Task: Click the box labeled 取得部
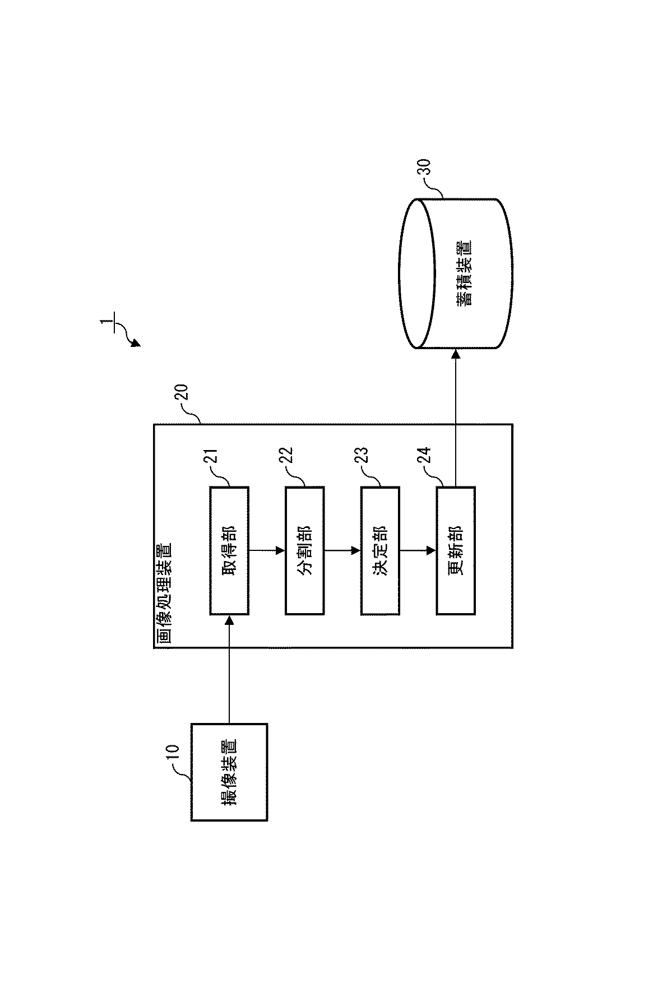tap(229, 550)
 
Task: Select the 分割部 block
tap(304, 550)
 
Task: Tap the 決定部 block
tap(380, 550)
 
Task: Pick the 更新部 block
tap(456, 550)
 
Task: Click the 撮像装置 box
tap(229, 772)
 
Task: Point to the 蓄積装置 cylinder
tap(455, 273)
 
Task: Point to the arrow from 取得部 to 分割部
tap(267, 550)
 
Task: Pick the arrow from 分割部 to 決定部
tap(342, 550)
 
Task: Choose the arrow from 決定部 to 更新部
tap(418, 550)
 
